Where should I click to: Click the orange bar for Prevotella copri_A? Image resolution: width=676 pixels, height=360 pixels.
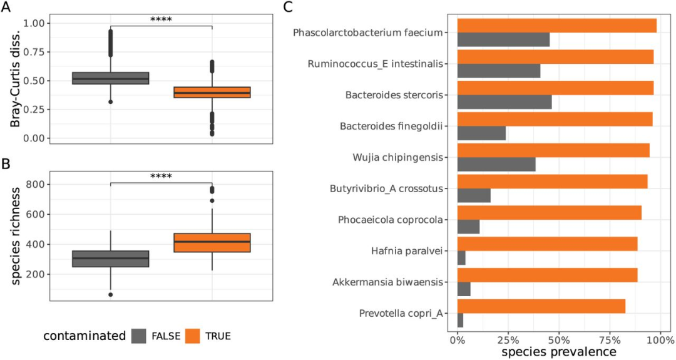[x=541, y=306]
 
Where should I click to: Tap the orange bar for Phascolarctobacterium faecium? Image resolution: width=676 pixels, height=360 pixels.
[x=557, y=25]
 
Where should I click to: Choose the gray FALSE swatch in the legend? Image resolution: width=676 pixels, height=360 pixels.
[x=139, y=336]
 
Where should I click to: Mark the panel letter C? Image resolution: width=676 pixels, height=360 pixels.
[x=287, y=8]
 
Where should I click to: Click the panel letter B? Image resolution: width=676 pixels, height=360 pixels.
[x=6, y=164]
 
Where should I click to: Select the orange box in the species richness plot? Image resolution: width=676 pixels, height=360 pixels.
[x=212, y=243]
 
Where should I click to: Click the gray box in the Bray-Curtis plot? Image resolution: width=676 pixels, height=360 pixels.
[x=111, y=78]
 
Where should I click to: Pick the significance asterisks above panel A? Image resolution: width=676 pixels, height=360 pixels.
[x=161, y=20]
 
